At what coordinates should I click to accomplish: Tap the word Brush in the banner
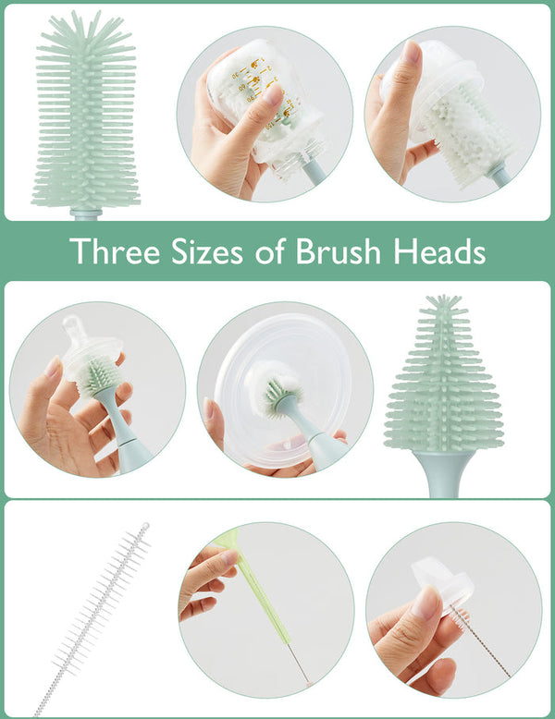pyautogui.click(x=353, y=250)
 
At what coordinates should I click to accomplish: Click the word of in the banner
pyautogui.click(x=284, y=250)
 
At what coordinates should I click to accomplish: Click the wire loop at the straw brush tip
pyautogui.click(x=143, y=528)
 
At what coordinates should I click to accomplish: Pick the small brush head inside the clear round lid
pyautogui.click(x=277, y=393)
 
